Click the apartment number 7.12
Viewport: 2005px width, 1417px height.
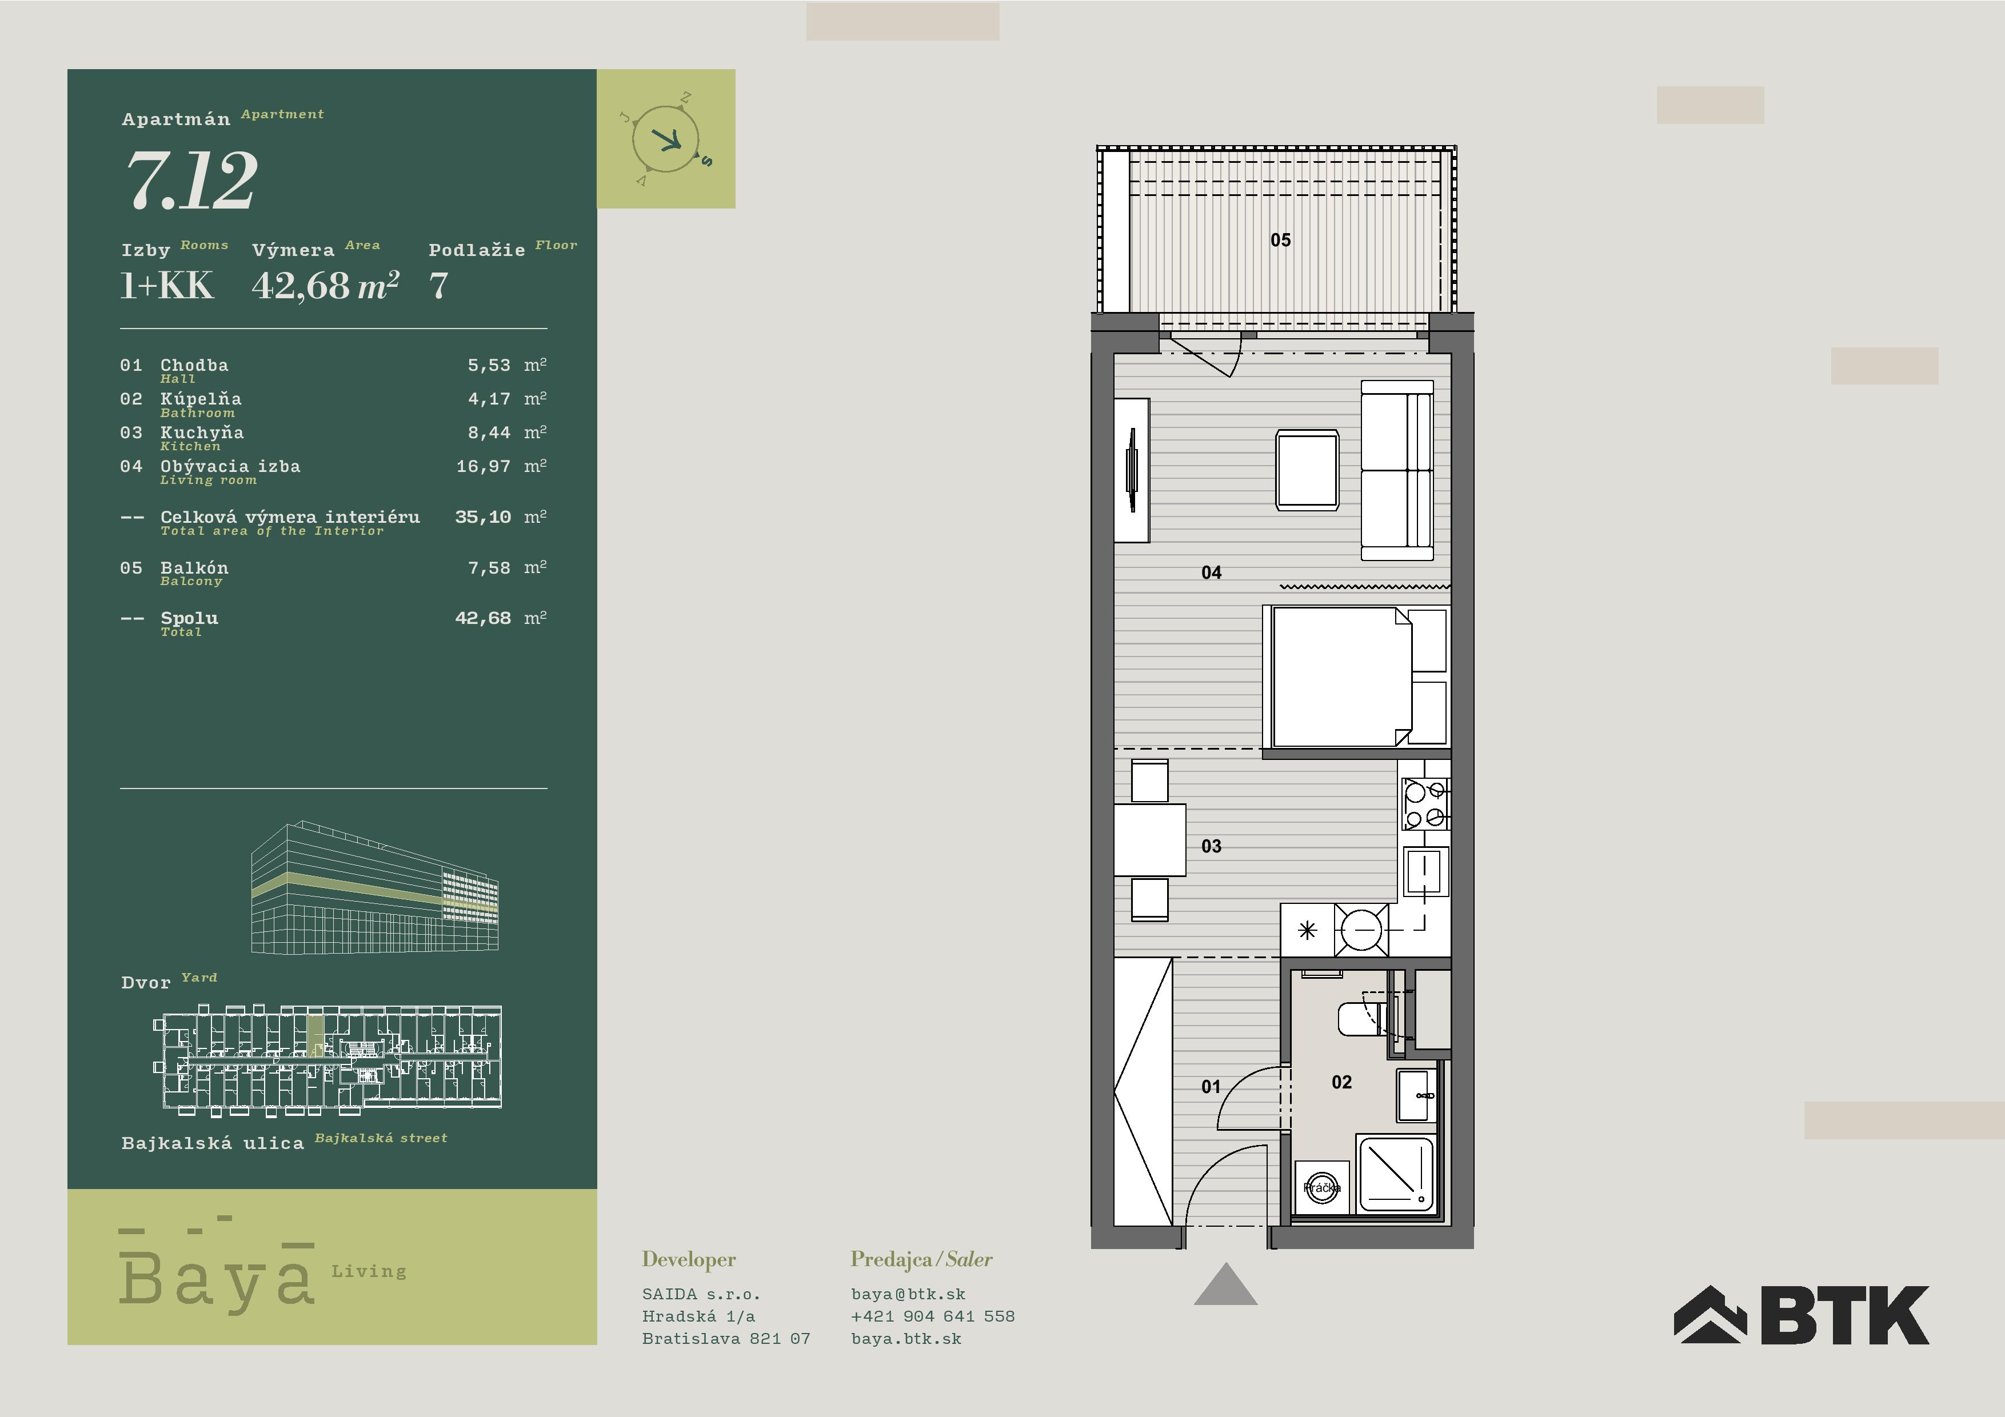(192, 180)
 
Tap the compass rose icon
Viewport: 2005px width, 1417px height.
(666, 139)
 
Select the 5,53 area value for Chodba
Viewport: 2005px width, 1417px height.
(489, 365)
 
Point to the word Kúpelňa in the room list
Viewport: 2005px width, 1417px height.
(201, 399)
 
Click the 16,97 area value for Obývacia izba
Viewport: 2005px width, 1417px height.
(484, 466)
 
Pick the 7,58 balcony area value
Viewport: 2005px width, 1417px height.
(489, 567)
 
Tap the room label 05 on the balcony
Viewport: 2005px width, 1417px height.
(1280, 240)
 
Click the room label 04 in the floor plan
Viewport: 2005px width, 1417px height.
(1211, 573)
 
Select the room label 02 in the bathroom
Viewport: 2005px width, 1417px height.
(1341, 1083)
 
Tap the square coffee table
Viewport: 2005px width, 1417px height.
(1307, 470)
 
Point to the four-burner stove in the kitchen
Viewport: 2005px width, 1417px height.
(1425, 804)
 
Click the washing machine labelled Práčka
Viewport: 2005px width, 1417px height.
(1322, 1187)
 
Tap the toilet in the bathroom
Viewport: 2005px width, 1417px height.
(1362, 1019)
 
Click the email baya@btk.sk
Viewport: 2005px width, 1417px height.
(908, 1295)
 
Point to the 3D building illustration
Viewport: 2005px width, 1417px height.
(374, 887)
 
